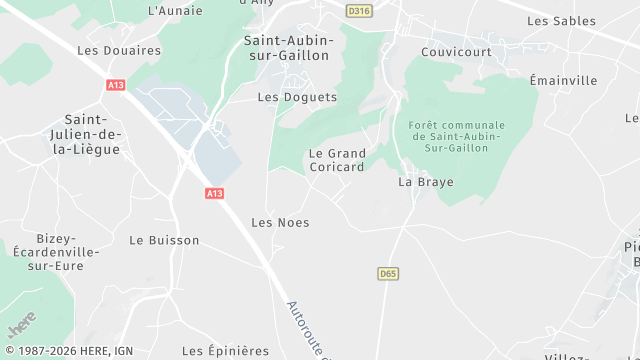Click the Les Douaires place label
point(119,50)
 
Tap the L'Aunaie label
point(175,11)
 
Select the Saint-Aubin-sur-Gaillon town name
point(286,48)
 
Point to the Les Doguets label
point(297,97)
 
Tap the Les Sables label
point(561,21)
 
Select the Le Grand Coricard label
point(337,161)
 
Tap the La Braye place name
point(420,182)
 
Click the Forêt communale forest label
point(457,136)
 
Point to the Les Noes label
point(280,222)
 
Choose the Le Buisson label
point(164,240)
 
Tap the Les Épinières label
point(226,351)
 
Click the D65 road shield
point(389,273)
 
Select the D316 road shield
point(358,11)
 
